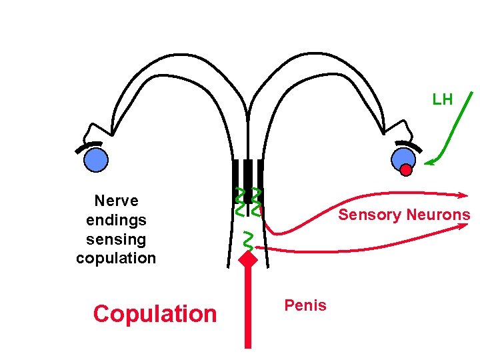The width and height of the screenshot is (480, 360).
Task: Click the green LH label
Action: click(442, 100)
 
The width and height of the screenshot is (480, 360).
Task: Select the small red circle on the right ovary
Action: click(406, 170)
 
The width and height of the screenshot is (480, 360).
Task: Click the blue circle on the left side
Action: click(96, 159)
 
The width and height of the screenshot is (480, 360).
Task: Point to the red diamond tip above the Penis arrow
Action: click(248, 259)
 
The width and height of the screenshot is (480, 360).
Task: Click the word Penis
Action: click(305, 305)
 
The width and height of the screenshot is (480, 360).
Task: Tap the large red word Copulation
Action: click(155, 313)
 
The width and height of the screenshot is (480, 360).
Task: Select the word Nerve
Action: click(116, 201)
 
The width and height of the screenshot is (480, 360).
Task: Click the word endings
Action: click(116, 220)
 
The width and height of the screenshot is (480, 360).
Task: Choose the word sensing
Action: click(116, 239)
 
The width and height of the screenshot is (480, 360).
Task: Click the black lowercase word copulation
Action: click(116, 258)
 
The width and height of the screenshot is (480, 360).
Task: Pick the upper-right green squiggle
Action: click(256, 201)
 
